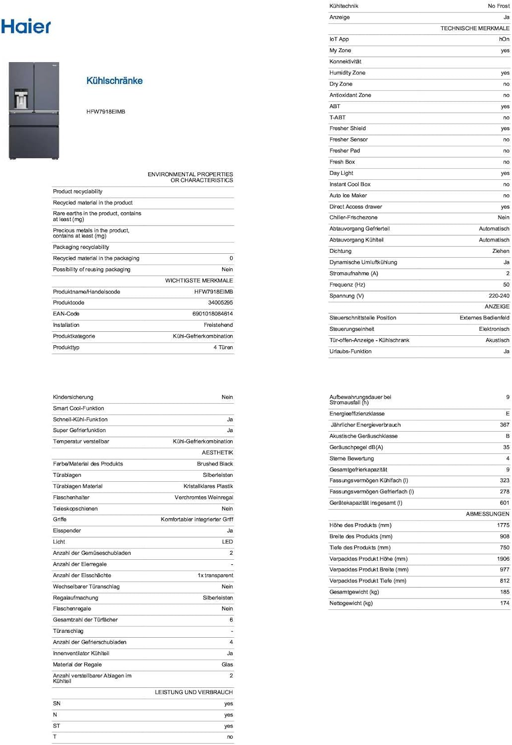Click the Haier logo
(x=26, y=26)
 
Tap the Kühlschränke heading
(x=114, y=80)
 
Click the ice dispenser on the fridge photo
(x=20, y=98)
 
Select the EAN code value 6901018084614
(x=212, y=314)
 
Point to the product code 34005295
(x=220, y=302)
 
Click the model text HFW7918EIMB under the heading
(x=106, y=112)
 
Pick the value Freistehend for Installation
(x=218, y=325)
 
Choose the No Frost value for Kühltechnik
(x=498, y=6)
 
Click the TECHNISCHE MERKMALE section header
(x=474, y=28)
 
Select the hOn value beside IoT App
(x=504, y=39)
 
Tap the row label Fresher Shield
(x=347, y=128)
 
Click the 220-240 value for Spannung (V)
(x=499, y=296)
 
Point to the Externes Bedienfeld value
(x=484, y=318)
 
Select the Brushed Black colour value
(x=215, y=464)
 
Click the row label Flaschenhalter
(x=71, y=497)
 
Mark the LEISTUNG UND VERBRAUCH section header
(x=193, y=692)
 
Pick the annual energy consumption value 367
(x=505, y=425)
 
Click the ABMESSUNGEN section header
(x=487, y=514)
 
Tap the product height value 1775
(x=503, y=525)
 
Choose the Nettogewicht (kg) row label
(x=351, y=603)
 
